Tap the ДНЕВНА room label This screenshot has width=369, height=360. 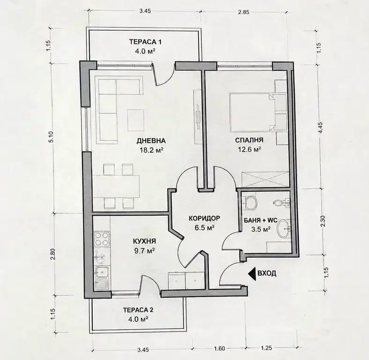click(x=151, y=141)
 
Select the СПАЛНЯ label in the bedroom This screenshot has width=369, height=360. click(x=249, y=140)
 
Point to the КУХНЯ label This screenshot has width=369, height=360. click(x=145, y=241)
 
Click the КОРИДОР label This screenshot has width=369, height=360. click(x=205, y=218)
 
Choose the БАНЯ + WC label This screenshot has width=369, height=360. click(x=261, y=220)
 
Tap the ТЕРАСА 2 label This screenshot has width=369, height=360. click(x=139, y=310)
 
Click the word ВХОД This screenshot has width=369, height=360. click(x=267, y=273)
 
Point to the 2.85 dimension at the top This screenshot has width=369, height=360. click(x=244, y=12)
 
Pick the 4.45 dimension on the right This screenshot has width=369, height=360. click(x=319, y=128)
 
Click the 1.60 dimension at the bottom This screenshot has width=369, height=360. click(x=220, y=348)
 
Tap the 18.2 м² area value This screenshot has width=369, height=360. click(x=152, y=150)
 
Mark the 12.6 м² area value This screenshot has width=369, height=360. click(x=249, y=150)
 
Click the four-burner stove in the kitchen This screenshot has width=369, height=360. click(x=102, y=239)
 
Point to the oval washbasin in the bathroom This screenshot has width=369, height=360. click(x=283, y=228)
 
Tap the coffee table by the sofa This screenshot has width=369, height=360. click(x=136, y=120)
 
